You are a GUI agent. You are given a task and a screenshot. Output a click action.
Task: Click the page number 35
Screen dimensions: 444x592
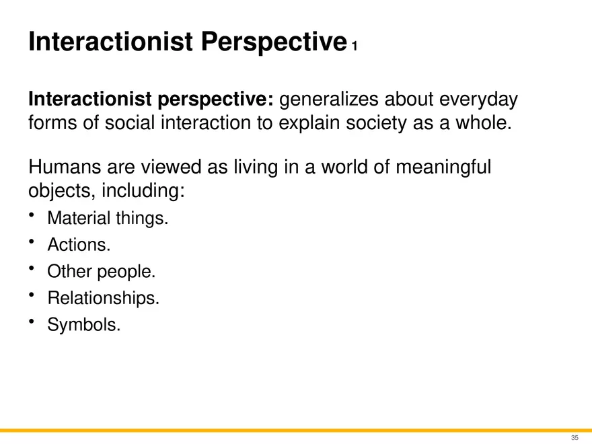click(x=574, y=438)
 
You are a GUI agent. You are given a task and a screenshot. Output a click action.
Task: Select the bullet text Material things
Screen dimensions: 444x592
click(x=107, y=219)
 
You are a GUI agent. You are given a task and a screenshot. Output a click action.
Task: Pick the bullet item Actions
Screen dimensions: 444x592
click(x=78, y=246)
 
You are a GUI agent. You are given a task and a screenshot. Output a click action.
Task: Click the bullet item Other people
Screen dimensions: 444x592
click(x=101, y=272)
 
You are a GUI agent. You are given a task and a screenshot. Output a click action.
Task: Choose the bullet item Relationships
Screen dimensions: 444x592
click(x=103, y=298)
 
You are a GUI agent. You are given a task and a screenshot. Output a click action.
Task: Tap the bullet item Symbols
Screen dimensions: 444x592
click(x=84, y=325)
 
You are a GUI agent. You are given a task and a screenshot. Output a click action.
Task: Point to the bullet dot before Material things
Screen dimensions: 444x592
click(x=32, y=215)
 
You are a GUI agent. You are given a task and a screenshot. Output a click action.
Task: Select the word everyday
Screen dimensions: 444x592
click(x=478, y=100)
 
